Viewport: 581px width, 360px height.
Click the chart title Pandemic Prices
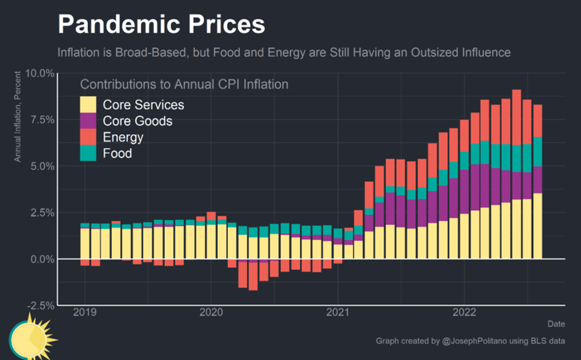(161, 25)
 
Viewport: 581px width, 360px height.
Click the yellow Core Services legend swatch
(89, 104)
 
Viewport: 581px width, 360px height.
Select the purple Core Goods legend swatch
(89, 121)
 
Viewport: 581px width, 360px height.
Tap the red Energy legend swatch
(89, 137)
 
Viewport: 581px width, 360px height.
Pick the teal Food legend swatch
(89, 153)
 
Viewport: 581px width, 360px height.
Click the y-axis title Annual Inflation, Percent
(18, 116)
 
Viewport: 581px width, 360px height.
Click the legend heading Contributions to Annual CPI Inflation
(184, 84)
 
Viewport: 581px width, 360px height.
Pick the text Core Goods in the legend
(138, 121)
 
